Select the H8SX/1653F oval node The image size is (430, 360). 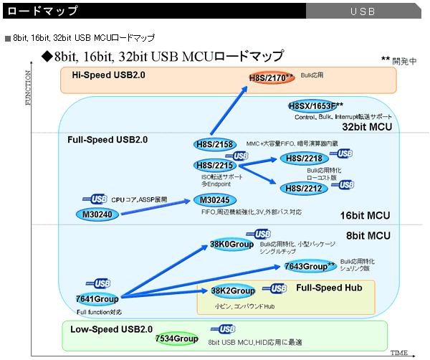(x=315, y=106)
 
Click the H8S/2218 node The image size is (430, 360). (x=302, y=158)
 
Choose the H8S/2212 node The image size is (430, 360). (x=302, y=187)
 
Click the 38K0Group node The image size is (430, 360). (x=232, y=244)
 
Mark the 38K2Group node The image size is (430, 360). (x=233, y=291)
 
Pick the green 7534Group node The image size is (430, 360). (x=176, y=338)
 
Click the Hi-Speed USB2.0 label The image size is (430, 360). (x=108, y=75)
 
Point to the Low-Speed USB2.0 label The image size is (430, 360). (x=112, y=329)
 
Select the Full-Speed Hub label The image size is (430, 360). (x=329, y=288)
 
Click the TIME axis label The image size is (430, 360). (x=399, y=354)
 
